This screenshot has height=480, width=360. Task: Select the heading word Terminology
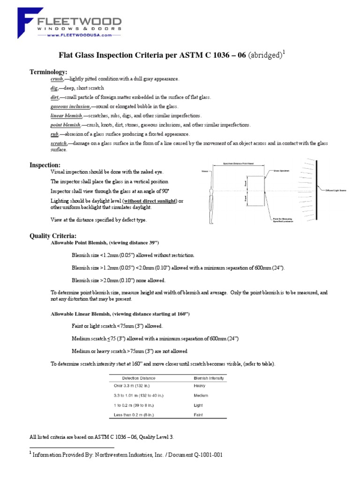coord(49,71)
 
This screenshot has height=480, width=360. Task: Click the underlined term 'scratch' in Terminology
coord(59,142)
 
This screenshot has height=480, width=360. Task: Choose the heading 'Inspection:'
coord(45,165)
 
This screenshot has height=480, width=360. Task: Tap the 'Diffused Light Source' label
coord(337,190)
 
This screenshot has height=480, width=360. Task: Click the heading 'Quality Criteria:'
coord(53,235)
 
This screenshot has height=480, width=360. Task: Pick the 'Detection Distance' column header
coord(139,378)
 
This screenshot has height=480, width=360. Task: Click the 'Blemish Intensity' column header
coord(209,378)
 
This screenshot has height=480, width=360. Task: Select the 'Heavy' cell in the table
coord(200,386)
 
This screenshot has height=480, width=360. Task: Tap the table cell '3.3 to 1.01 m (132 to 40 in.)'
coord(139,396)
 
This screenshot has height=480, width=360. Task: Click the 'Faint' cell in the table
coord(198,415)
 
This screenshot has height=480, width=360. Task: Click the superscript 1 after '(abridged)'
coord(284,53)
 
